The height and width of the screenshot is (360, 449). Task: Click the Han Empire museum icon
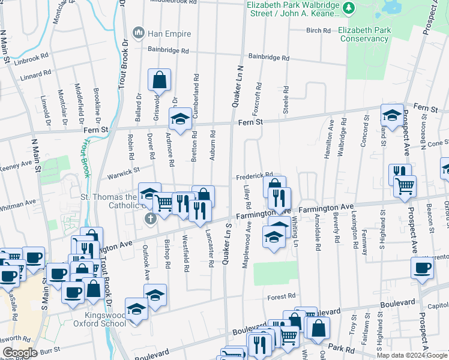(139, 32)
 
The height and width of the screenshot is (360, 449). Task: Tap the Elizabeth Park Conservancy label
(363, 34)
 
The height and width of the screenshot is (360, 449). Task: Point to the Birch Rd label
(318, 30)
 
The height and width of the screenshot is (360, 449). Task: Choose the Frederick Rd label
(254, 176)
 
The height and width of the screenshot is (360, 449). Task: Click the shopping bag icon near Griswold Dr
(160, 80)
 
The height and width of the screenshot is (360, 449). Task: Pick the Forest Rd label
(282, 296)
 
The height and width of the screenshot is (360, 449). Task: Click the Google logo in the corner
(19, 353)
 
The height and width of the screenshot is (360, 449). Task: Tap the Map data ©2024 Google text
(412, 355)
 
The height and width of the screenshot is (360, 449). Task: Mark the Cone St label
(437, 143)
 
